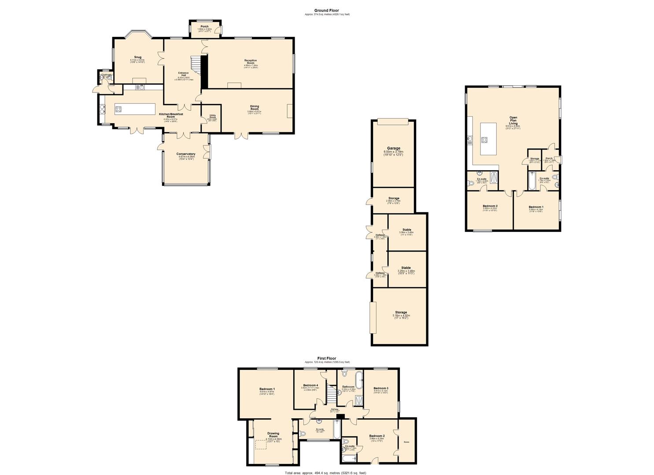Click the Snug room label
click(138, 57)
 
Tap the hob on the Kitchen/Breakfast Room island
click(118, 109)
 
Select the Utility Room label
click(213, 117)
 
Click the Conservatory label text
click(186, 154)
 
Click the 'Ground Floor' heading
click(326, 11)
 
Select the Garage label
click(394, 149)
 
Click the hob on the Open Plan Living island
click(485, 140)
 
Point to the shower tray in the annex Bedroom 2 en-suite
click(493, 179)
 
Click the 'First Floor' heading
click(327, 358)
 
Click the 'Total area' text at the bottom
click(325, 473)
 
